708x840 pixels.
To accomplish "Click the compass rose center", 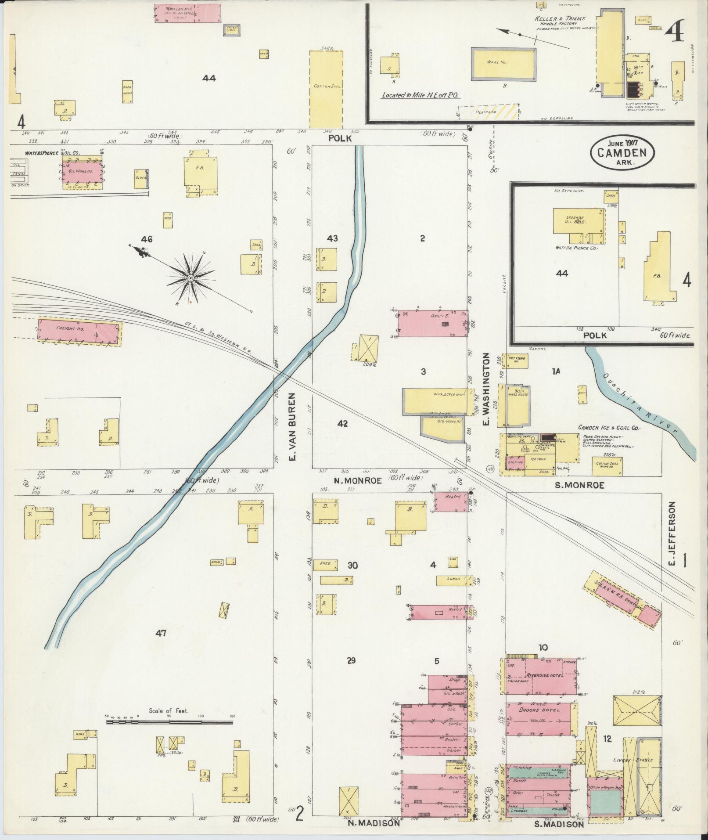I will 191,278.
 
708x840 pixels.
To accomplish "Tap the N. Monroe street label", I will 352,480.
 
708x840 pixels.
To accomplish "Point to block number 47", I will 161,633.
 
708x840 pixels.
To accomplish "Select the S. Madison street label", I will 559,824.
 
